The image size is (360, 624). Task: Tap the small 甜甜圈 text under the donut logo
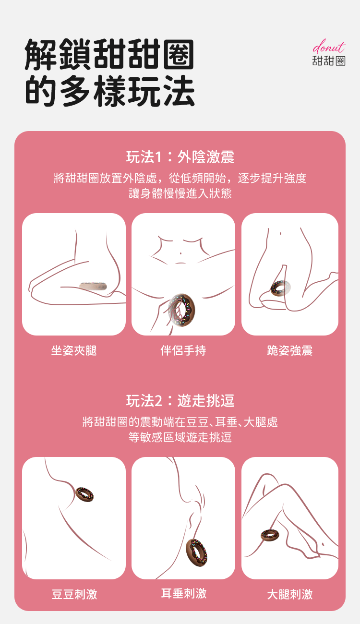pyautogui.click(x=329, y=61)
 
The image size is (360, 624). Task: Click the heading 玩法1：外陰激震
pyautogui.click(x=180, y=156)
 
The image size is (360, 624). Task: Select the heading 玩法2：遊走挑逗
pyautogui.click(x=180, y=401)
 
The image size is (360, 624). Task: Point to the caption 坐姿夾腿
pyautogui.click(x=74, y=350)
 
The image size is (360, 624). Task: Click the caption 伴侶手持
pyautogui.click(x=183, y=350)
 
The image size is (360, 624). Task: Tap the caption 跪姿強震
pyautogui.click(x=290, y=350)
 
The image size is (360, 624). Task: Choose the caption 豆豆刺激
pyautogui.click(x=74, y=594)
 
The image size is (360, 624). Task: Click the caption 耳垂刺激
pyautogui.click(x=184, y=593)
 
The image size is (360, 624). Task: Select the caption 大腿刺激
pyautogui.click(x=290, y=594)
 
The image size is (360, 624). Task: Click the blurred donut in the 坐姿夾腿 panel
pyautogui.click(x=93, y=287)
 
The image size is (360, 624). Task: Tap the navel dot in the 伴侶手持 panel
pyautogui.click(x=181, y=253)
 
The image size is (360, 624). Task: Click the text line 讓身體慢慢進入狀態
pyautogui.click(x=180, y=193)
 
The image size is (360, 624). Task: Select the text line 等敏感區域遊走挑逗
pyautogui.click(x=180, y=437)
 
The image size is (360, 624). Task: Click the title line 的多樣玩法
pyautogui.click(x=109, y=91)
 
